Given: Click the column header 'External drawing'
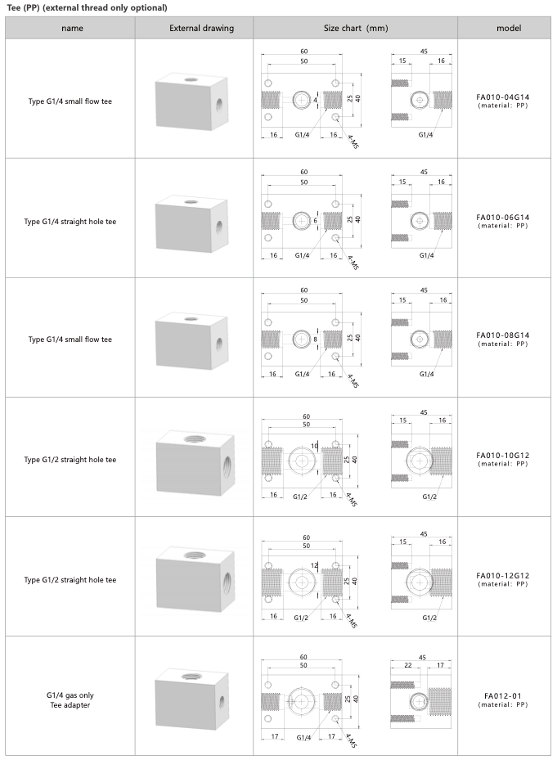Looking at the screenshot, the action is click(201, 28).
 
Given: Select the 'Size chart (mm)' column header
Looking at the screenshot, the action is click(356, 28).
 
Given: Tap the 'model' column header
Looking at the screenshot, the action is click(509, 28).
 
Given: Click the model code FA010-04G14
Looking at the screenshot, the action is click(503, 97).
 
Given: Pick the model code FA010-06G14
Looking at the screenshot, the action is click(503, 218).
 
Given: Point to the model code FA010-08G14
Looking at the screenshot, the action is click(503, 335).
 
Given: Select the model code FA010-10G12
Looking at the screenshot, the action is click(503, 456).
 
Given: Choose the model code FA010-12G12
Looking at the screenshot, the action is click(503, 576).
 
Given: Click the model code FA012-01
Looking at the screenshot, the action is click(503, 696).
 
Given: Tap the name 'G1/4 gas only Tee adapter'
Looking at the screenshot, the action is click(70, 700).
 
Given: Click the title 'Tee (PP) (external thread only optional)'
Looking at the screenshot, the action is click(88, 7).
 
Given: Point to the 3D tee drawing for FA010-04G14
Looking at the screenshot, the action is click(191, 101).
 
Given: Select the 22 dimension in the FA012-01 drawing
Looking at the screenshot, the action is click(407, 665).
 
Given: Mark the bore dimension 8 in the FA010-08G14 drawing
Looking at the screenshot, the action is click(315, 340).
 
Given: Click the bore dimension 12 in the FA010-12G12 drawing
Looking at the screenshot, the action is click(314, 565).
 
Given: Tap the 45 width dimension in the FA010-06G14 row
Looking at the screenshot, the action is click(424, 172).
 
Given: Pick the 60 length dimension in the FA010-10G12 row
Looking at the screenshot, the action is click(306, 416).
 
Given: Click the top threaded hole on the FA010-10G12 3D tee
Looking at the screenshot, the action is click(195, 439).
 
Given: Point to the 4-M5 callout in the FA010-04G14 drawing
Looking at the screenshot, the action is click(353, 142).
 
